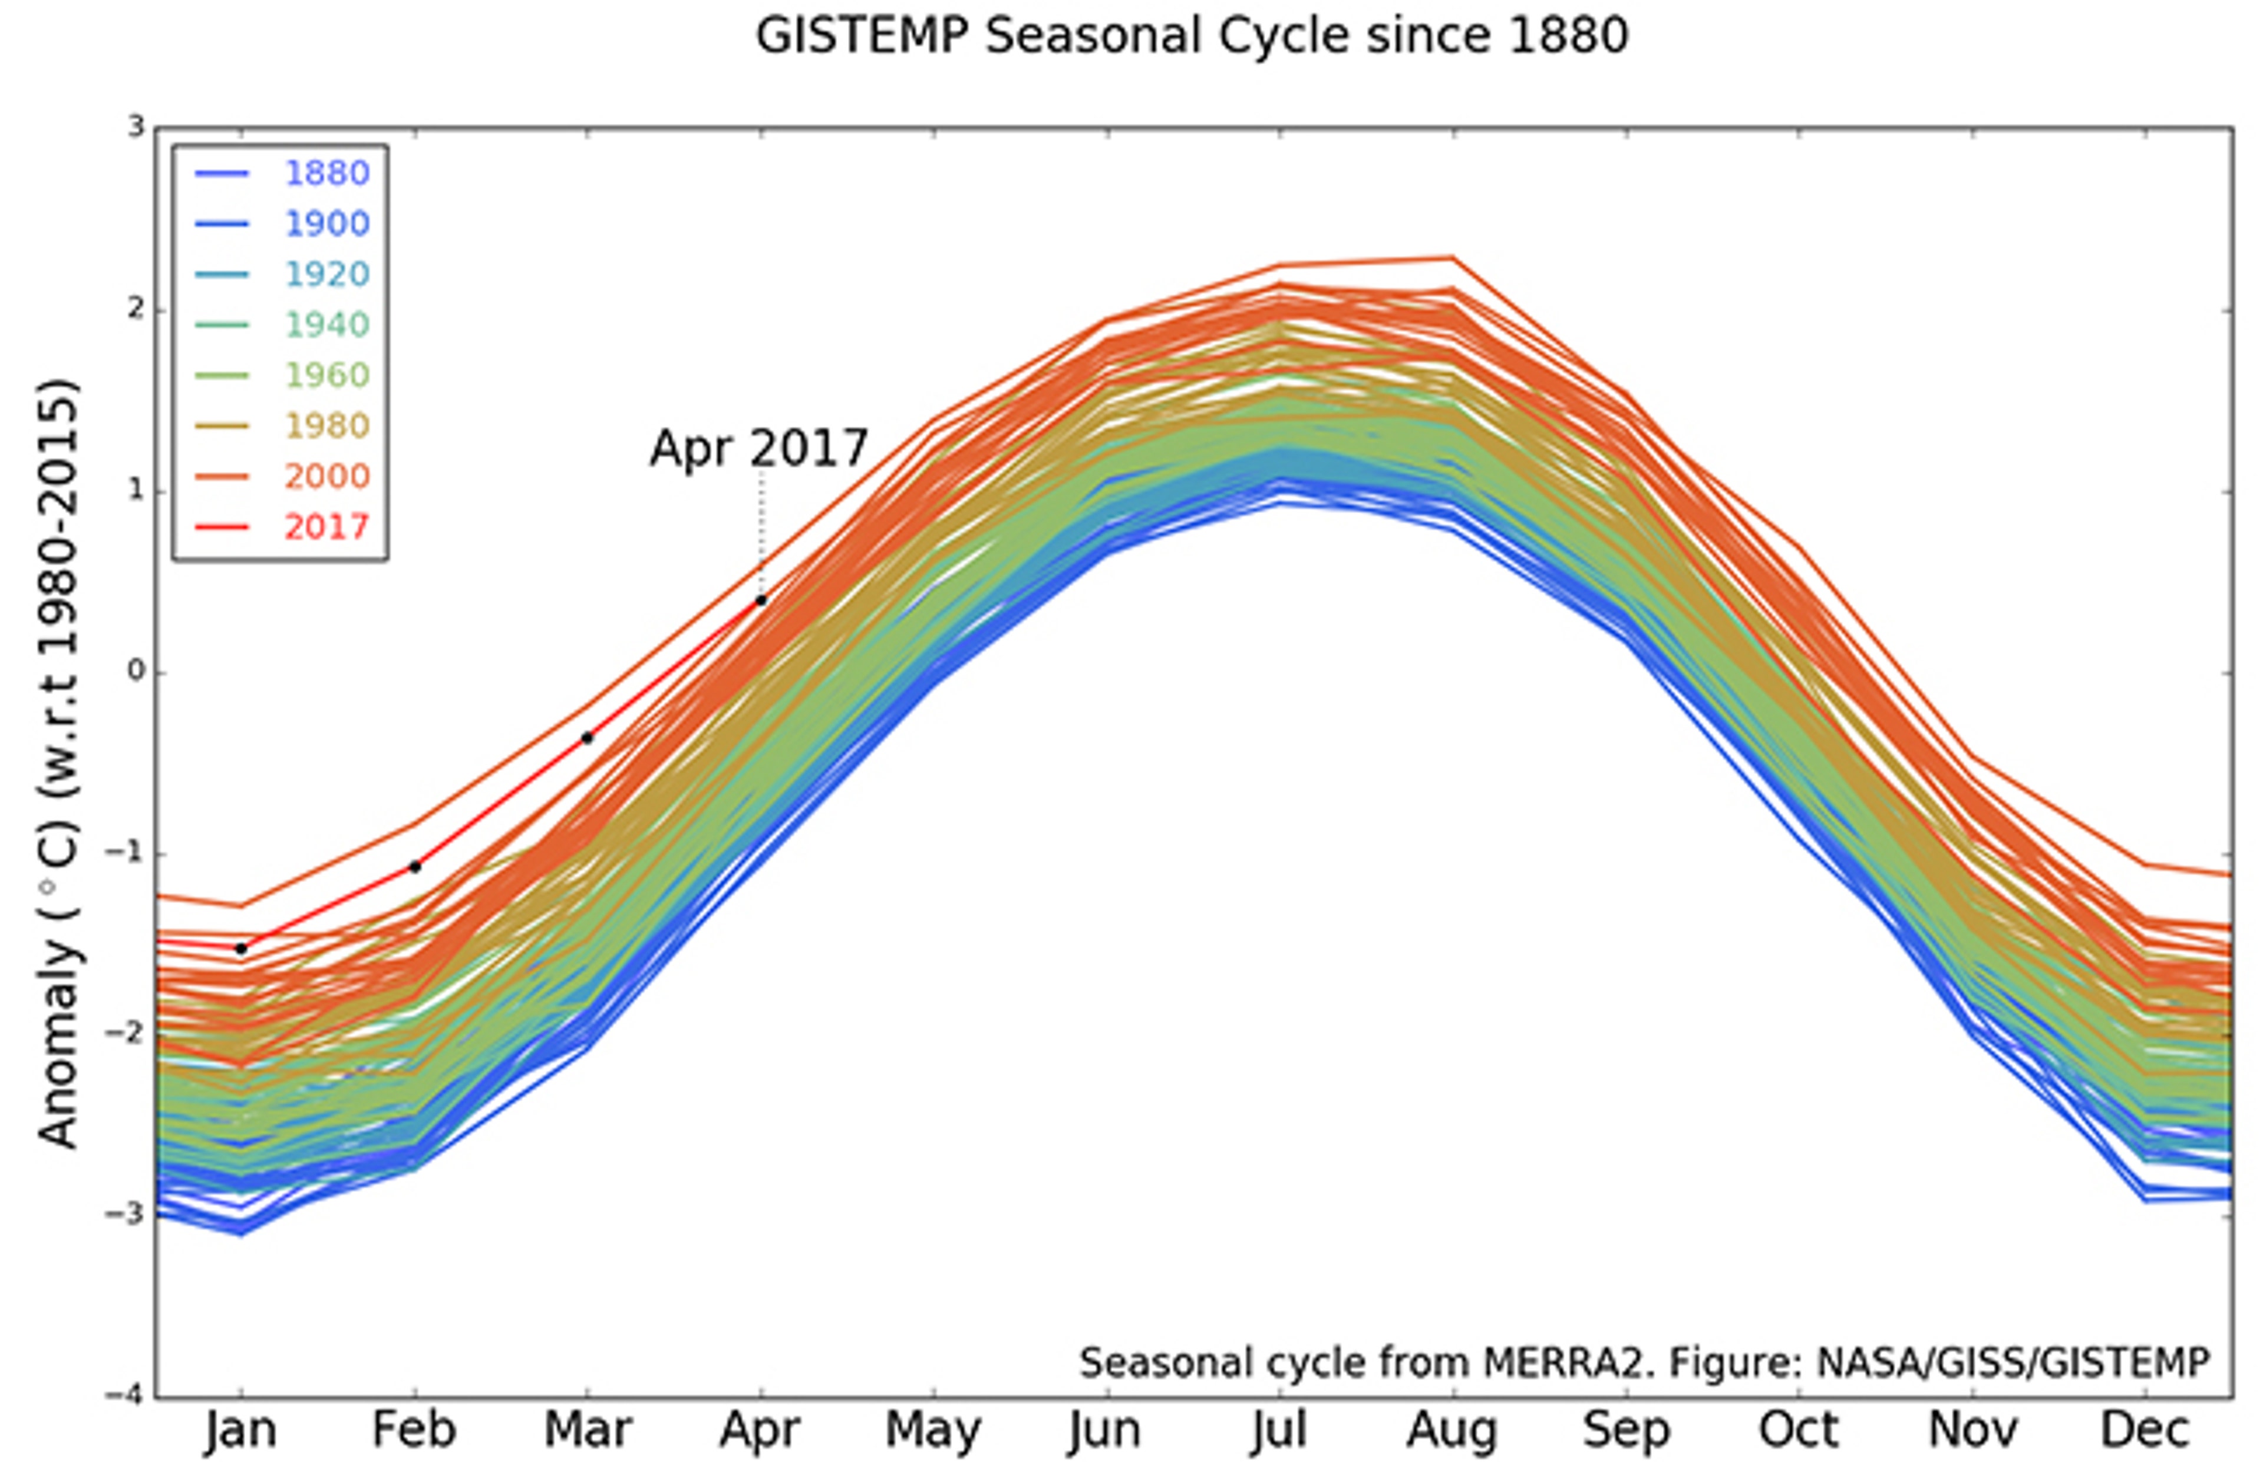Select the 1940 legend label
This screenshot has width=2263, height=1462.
click(326, 325)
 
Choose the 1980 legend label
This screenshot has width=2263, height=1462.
click(326, 425)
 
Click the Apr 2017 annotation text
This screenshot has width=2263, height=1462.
click(758, 448)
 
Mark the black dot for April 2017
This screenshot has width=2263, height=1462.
click(760, 600)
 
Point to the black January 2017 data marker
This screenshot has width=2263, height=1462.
click(241, 948)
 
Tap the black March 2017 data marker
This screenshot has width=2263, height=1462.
click(588, 738)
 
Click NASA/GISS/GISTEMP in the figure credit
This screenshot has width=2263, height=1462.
click(2013, 1363)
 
